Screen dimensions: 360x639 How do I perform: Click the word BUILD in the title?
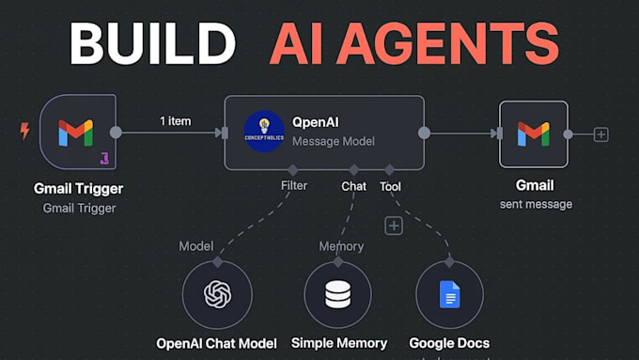[151, 44]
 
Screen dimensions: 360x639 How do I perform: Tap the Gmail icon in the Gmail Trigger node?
[75, 133]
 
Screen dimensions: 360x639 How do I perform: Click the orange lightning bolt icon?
[25, 132]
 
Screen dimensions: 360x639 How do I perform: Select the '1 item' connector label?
[176, 121]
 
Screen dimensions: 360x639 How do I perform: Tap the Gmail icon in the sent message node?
[533, 133]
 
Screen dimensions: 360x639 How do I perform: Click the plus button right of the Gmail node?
[601, 134]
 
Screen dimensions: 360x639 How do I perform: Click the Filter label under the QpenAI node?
[293, 186]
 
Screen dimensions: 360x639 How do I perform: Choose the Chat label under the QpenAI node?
[353, 186]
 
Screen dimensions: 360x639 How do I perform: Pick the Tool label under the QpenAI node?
[390, 186]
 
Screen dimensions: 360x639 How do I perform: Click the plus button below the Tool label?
[394, 226]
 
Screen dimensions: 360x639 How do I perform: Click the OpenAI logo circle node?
[217, 294]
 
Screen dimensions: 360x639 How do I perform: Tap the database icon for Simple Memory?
[338, 294]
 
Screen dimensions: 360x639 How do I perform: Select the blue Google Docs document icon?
[449, 294]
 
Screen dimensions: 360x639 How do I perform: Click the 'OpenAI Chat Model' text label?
[216, 343]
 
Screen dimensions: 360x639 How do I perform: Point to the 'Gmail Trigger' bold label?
[79, 189]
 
